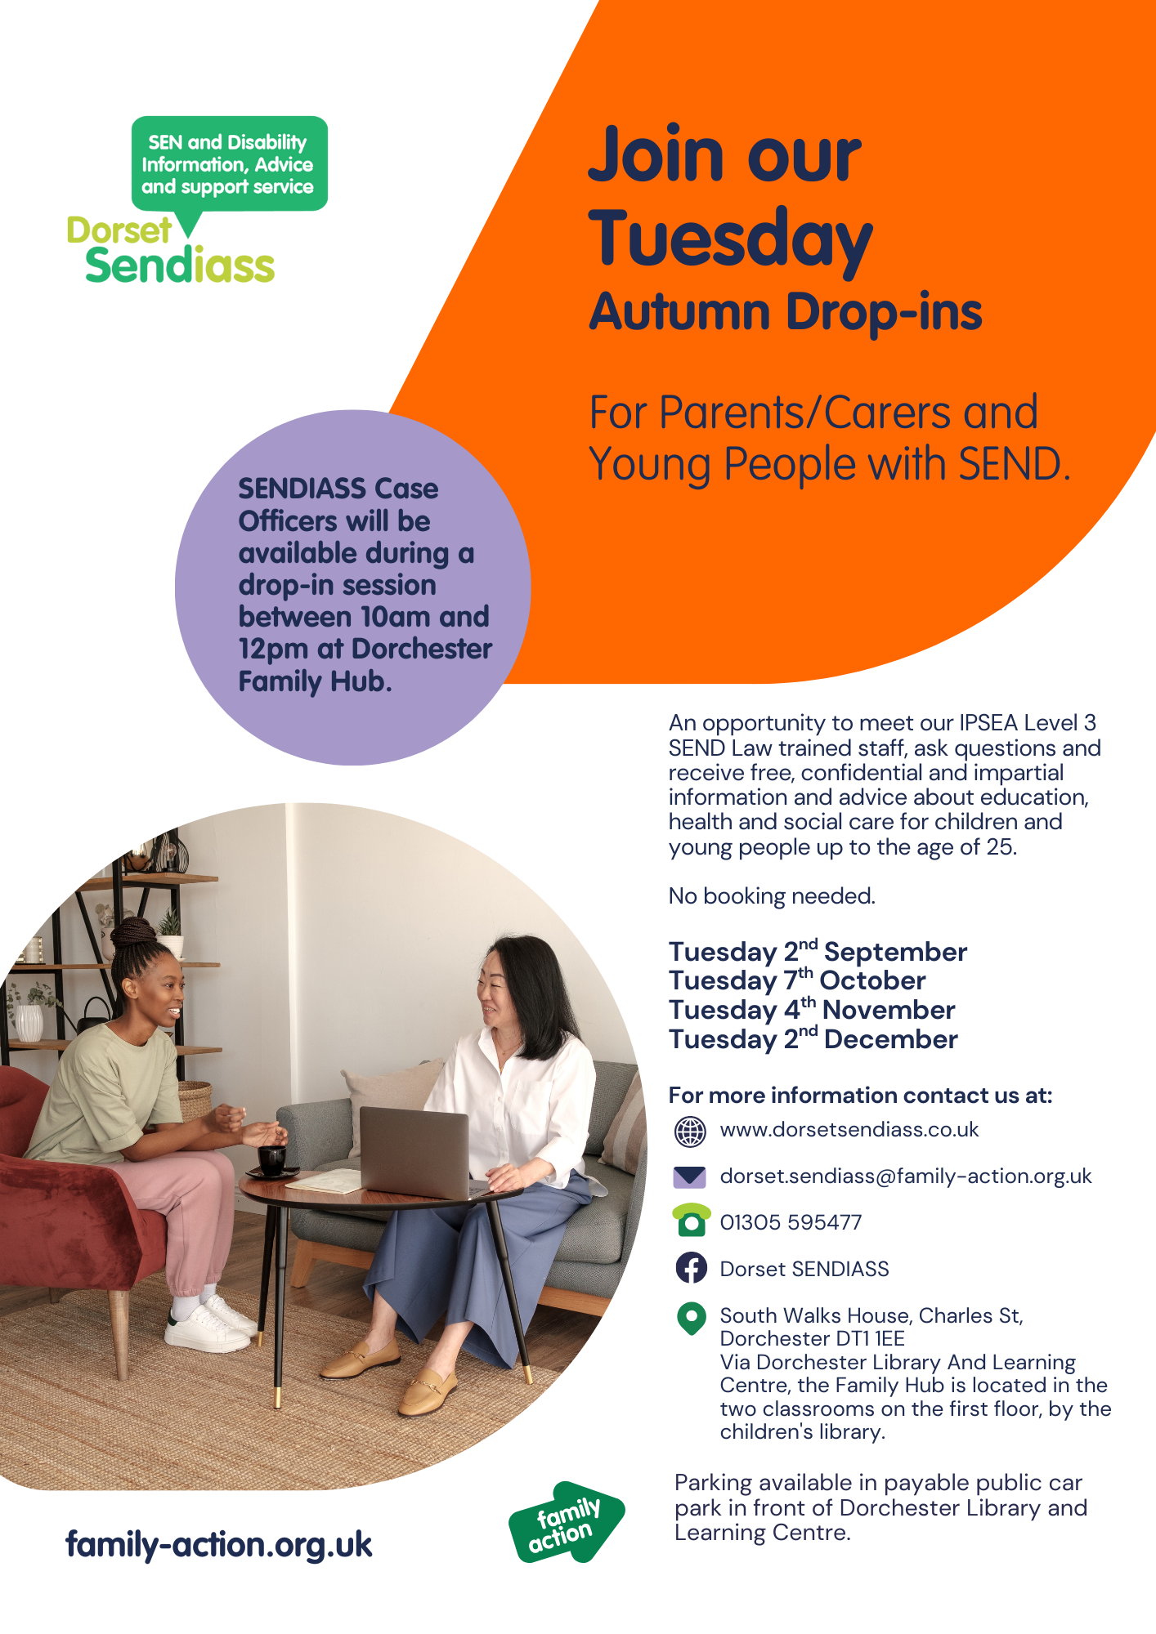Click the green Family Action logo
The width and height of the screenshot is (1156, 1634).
point(567,1523)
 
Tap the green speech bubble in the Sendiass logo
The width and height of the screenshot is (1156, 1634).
point(229,167)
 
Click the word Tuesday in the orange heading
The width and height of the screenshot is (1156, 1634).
point(731,239)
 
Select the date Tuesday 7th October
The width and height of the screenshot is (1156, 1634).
point(797,980)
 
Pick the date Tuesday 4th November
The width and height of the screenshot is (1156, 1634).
point(812,1010)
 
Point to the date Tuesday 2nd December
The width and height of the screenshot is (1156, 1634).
point(813,1039)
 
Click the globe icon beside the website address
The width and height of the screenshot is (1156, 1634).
point(690,1132)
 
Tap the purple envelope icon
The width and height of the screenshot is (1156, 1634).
point(690,1177)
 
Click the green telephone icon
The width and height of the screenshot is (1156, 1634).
point(691,1221)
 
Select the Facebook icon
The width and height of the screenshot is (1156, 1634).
point(692,1268)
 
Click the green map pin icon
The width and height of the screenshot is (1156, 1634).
point(692,1318)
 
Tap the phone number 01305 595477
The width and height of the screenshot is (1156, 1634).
point(791,1222)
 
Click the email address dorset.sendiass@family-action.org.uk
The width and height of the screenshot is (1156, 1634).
point(906,1176)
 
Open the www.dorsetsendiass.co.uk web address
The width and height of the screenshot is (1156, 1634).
point(849,1130)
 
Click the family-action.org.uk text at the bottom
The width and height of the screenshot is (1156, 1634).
point(219,1545)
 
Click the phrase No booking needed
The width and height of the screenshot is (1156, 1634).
point(772,896)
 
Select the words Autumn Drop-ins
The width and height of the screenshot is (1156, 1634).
point(786,312)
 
